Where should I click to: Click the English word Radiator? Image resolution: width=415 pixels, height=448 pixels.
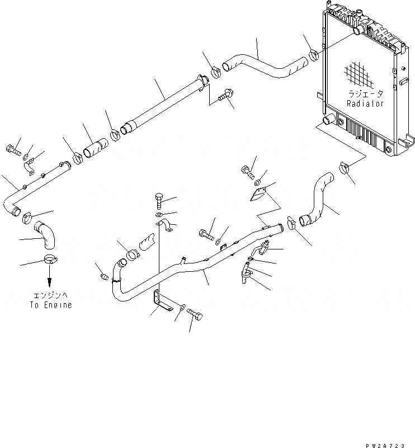tap(365, 103)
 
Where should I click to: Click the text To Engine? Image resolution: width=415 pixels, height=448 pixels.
tap(51, 305)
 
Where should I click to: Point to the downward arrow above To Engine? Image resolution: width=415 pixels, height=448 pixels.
tap(49, 276)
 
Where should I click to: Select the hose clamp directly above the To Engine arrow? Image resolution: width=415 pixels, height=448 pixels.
tap(49, 259)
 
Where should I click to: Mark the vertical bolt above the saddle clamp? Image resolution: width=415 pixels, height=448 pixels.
tap(158, 200)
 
